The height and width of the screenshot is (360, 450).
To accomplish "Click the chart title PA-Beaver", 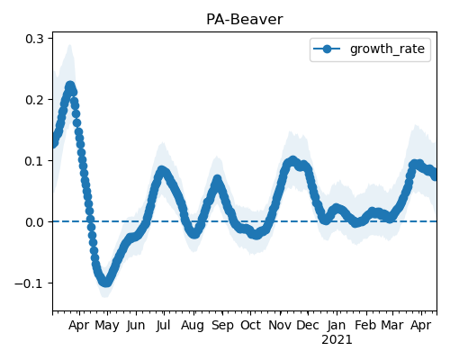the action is point(245,20).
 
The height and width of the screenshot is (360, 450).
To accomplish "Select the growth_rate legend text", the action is point(387,49).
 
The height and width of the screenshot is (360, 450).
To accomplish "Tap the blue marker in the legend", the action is point(327,49).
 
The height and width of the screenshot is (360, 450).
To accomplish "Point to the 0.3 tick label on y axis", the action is point(34,39).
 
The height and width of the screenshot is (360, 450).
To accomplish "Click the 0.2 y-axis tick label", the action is point(34,100).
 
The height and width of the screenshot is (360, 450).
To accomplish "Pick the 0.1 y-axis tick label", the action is point(34,161).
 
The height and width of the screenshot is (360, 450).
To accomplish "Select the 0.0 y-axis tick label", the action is point(34,222).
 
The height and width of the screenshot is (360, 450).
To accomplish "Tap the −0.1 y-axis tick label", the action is point(29,283).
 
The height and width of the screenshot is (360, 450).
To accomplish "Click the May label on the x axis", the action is point(107,325).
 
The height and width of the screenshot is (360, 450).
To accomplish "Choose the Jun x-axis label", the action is point(136,325).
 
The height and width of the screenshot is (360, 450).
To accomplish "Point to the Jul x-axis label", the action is point(164,325).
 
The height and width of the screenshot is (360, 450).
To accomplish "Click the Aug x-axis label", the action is point(193,325).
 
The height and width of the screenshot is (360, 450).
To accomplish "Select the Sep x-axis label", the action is point(222,325).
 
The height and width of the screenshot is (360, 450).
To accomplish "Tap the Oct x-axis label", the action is point(250,325).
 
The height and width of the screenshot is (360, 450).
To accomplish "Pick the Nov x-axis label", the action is point(280,325).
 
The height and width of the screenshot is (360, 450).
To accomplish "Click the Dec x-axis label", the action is point(308,325).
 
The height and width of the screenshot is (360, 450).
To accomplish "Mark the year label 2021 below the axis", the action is point(337,340).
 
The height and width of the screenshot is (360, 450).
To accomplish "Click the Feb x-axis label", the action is point(365,325).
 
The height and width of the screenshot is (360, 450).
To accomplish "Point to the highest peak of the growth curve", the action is point(70,86).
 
